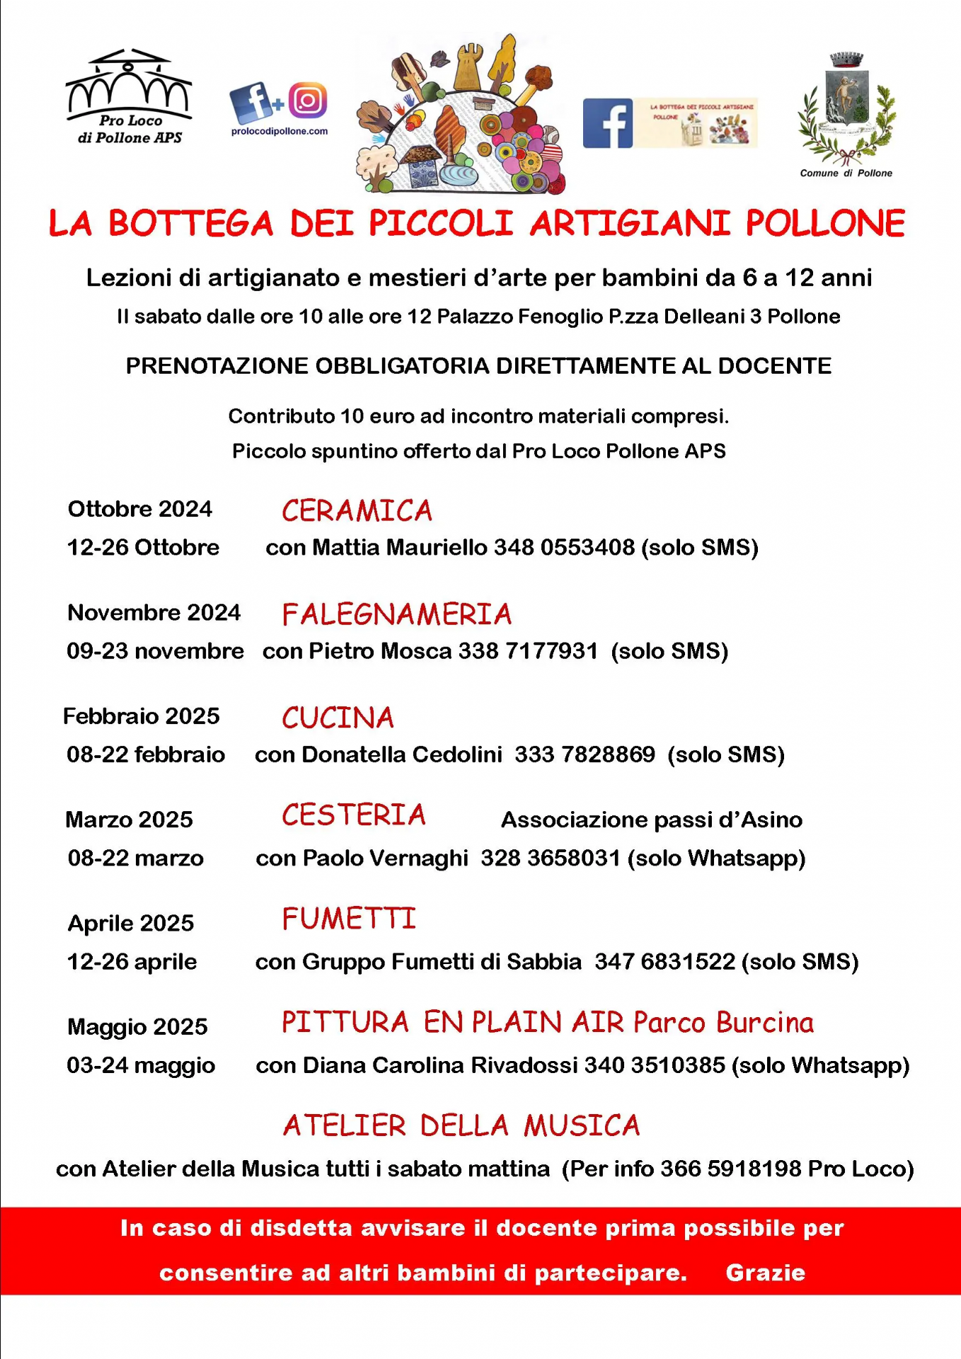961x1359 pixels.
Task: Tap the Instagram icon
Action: (x=308, y=101)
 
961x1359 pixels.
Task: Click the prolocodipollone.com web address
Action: (x=280, y=131)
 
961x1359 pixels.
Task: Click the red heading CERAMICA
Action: (x=357, y=511)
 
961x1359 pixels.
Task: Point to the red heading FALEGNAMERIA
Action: (x=396, y=614)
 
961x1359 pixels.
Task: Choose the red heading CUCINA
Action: (x=338, y=718)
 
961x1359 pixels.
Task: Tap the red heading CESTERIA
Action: (x=354, y=815)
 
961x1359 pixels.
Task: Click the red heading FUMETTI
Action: (x=349, y=919)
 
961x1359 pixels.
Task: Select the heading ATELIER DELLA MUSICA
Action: (x=461, y=1126)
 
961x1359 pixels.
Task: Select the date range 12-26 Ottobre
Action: (x=143, y=548)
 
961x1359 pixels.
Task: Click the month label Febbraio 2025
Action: (x=142, y=716)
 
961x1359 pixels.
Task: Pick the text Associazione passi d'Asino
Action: (x=651, y=820)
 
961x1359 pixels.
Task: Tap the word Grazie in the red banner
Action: (x=765, y=1273)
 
